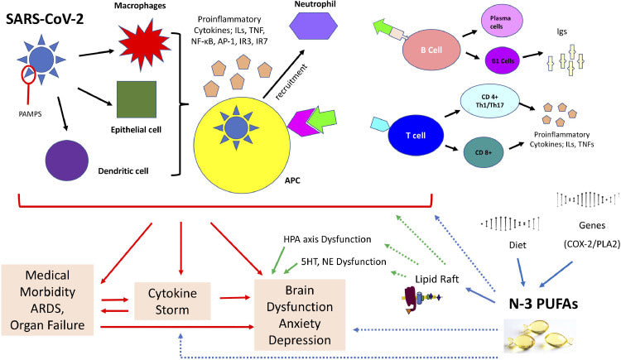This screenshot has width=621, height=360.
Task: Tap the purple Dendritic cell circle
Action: pyautogui.click(x=70, y=159)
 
